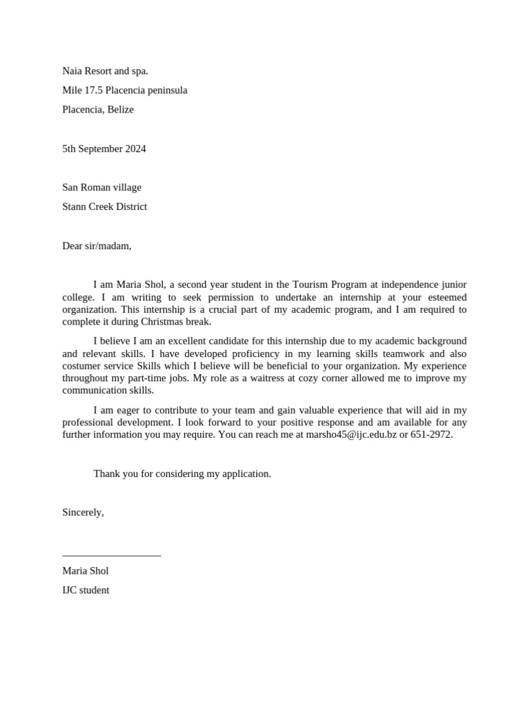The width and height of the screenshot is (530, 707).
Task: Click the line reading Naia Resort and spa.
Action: point(105,70)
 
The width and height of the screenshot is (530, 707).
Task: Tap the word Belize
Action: point(121,109)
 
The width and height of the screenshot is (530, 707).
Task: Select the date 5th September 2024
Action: point(104,148)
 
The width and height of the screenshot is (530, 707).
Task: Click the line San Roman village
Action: point(101,187)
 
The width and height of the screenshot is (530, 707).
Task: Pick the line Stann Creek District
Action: point(104,206)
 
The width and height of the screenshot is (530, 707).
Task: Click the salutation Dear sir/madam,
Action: point(97,245)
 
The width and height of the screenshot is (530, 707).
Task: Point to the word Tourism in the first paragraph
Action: point(311,284)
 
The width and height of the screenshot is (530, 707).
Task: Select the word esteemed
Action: point(444,298)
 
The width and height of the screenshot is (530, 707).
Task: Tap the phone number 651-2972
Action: point(431,435)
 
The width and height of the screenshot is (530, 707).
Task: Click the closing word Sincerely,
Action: point(83,512)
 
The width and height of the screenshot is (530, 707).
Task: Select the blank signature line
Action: point(111,554)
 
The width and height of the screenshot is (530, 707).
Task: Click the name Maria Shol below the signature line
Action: point(85,571)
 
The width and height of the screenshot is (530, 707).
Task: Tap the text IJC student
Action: point(86,590)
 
